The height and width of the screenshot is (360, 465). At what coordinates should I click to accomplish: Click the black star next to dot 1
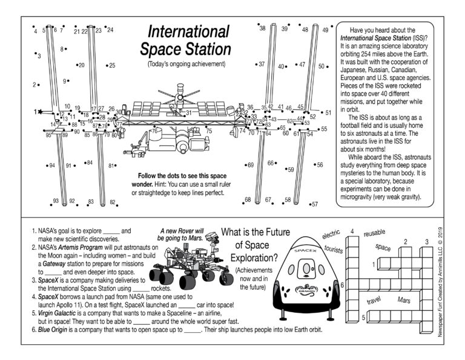pyautogui.click(x=40, y=112)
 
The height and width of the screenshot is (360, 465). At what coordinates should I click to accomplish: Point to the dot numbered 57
pyautogui.click(x=308, y=205)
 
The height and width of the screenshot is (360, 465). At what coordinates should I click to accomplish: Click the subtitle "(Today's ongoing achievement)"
pyautogui.click(x=186, y=64)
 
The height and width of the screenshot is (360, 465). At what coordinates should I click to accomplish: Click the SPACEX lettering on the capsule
pyautogui.click(x=305, y=250)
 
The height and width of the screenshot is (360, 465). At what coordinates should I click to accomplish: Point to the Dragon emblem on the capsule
pyautogui.click(x=305, y=292)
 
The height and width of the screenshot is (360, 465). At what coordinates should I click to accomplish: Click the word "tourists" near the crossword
pyautogui.click(x=334, y=249)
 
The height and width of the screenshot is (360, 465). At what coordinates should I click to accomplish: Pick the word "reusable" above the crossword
pyautogui.click(x=374, y=233)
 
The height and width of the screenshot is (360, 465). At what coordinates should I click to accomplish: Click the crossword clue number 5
pyautogui.click(x=363, y=317)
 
